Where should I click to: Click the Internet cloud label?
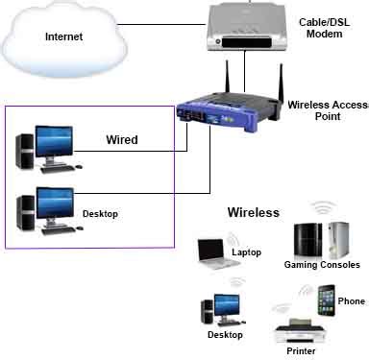(x=61, y=37)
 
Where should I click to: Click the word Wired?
(x=121, y=140)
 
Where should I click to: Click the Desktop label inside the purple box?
(x=100, y=213)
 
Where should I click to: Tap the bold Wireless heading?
(x=253, y=212)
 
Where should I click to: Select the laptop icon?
(x=210, y=253)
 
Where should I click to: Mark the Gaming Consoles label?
(x=322, y=264)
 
